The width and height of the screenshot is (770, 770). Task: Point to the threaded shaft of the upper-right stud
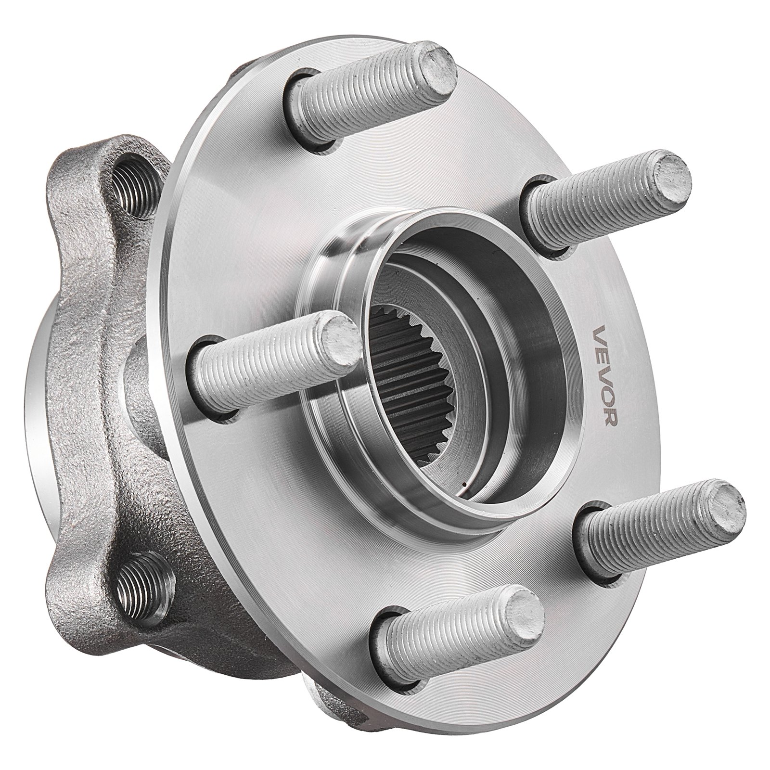pos(592,202)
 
